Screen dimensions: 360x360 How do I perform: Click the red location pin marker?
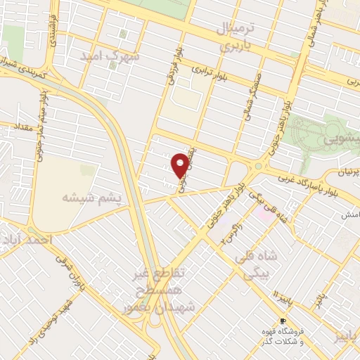pos(181,165)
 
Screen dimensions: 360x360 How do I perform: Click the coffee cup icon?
pos(283,321)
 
